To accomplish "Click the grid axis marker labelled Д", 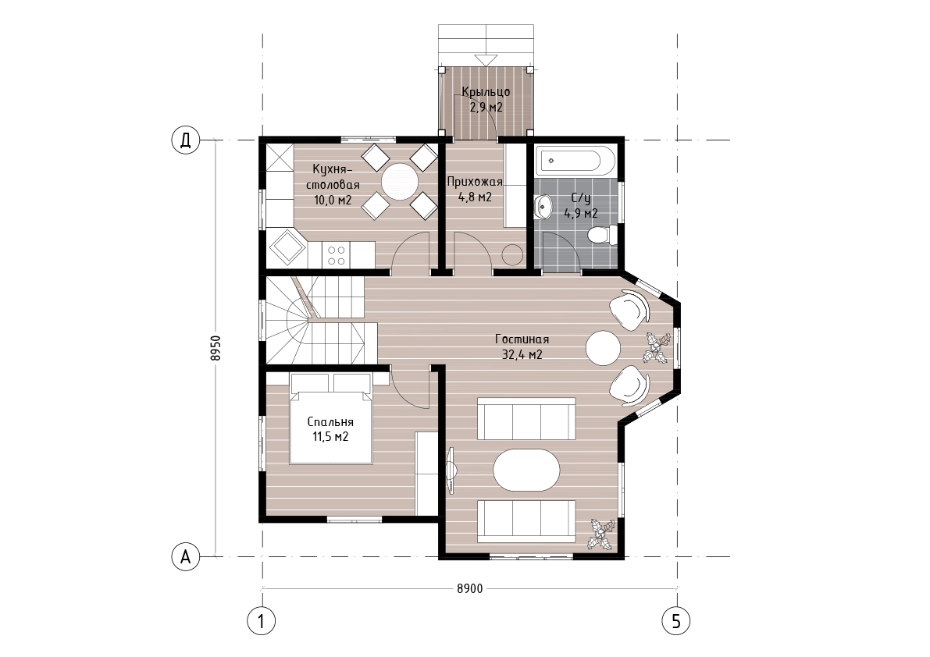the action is coord(186,141).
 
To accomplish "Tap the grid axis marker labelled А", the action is coord(186,557).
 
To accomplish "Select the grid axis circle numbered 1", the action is coord(261,621).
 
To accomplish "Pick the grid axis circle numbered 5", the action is coord(676,621).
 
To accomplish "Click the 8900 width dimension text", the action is coord(470,589).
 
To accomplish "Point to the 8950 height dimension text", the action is coord(216,348).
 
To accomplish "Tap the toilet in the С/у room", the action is coord(603,235).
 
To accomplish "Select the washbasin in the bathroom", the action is coord(543,207).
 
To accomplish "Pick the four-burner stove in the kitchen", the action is coord(337,255).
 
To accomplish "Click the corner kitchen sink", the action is coord(287,247).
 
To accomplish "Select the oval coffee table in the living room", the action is coord(526,470).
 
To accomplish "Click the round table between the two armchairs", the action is coord(603,348).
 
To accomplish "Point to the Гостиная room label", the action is coord(522,339).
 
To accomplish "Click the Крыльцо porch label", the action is coord(486,92).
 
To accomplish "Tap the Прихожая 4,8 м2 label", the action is coord(475,189).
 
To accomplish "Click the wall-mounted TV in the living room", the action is coord(451,470).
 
